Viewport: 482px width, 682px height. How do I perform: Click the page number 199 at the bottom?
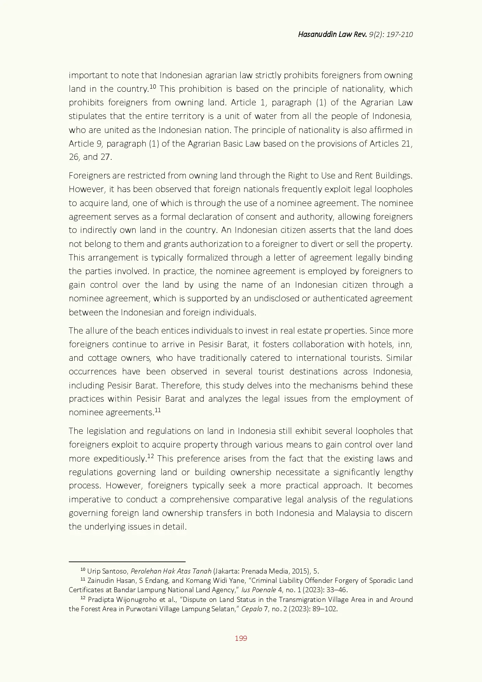pyautogui.click(x=241, y=638)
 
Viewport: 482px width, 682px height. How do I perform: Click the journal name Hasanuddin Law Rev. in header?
pyautogui.click(x=332, y=34)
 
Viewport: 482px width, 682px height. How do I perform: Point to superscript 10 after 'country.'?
pyautogui.click(x=153, y=86)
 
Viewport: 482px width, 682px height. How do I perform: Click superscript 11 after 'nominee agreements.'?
pyautogui.click(x=157, y=410)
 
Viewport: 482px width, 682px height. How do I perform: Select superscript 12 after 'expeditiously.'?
pyautogui.click(x=150, y=456)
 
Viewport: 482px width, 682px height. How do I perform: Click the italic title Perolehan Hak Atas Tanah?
pyautogui.click(x=171, y=571)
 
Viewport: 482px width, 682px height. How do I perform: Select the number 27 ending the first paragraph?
pyautogui.click(x=106, y=157)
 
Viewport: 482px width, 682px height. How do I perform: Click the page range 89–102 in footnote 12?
pyautogui.click(x=325, y=609)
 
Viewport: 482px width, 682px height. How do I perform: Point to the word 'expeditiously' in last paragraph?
pyautogui.click(x=119, y=458)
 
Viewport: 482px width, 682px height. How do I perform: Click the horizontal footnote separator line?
pyautogui.click(x=127, y=561)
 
